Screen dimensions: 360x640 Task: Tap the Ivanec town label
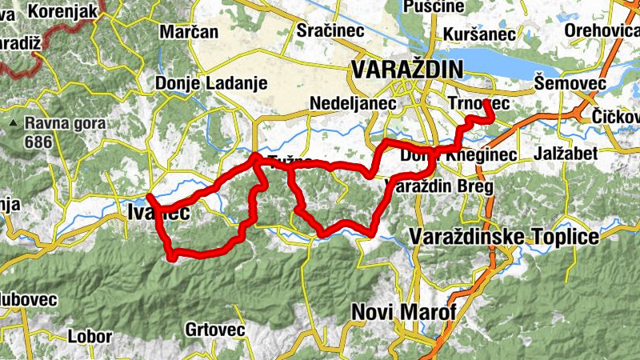pyautogui.click(x=158, y=212)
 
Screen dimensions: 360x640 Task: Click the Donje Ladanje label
pyautogui.click(x=198, y=82)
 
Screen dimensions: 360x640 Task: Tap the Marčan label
pyautogui.click(x=189, y=33)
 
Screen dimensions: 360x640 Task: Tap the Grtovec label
pyautogui.click(x=208, y=329)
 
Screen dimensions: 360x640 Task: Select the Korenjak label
pyautogui.click(x=62, y=11)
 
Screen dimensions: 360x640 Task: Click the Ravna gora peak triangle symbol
pyautogui.click(x=13, y=124)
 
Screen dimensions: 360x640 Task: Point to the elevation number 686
pyautogui.click(x=38, y=142)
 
